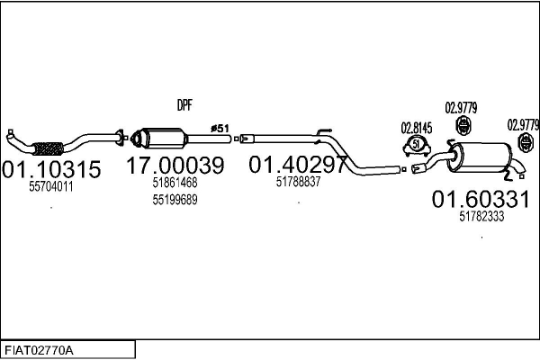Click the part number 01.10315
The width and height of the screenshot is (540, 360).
click(x=51, y=169)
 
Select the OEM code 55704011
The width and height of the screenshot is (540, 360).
click(x=51, y=186)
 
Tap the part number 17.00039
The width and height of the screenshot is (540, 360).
click(x=175, y=166)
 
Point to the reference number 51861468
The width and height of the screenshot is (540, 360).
click(x=175, y=182)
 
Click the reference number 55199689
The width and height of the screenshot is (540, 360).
click(x=175, y=200)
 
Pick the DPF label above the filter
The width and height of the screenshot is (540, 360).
click(x=184, y=105)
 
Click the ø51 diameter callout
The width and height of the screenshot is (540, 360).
click(x=220, y=129)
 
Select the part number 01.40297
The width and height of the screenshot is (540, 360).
click(x=298, y=165)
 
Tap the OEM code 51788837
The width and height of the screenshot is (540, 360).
click(x=298, y=182)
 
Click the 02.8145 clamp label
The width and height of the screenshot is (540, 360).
click(x=417, y=128)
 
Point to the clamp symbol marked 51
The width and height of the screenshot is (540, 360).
click(x=417, y=145)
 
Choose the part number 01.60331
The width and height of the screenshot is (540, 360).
click(x=481, y=199)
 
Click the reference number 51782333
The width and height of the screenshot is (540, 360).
click(x=481, y=216)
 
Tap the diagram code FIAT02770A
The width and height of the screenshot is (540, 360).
click(x=39, y=350)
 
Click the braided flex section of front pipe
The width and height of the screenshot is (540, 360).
click(x=48, y=148)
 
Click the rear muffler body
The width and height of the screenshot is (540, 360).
click(x=481, y=157)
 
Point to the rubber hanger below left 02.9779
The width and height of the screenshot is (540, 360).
click(x=463, y=125)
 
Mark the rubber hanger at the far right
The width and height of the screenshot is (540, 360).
click(x=526, y=142)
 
